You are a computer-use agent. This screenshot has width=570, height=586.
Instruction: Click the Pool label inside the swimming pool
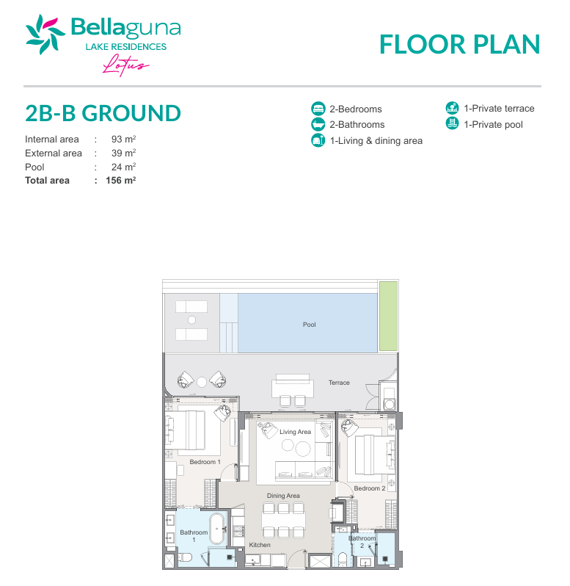(x=309, y=325)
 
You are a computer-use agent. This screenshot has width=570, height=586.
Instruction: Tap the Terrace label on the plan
(x=339, y=383)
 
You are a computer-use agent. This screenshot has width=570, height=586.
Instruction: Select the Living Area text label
(x=295, y=432)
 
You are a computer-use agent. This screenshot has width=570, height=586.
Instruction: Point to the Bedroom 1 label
(x=205, y=462)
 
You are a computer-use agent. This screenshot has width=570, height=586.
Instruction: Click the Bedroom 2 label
(x=370, y=488)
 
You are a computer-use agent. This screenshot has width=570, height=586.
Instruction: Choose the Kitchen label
(x=260, y=545)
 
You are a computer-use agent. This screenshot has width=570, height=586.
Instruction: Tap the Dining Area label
(x=283, y=496)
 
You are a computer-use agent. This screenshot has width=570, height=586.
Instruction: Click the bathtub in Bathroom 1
(x=217, y=529)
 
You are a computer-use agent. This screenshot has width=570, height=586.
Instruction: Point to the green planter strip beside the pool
(x=388, y=316)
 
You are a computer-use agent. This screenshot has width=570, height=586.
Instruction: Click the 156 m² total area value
(x=120, y=181)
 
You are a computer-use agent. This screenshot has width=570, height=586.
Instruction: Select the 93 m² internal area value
(x=123, y=140)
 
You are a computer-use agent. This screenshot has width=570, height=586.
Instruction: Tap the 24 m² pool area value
(x=123, y=167)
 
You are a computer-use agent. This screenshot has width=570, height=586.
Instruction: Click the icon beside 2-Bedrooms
(x=318, y=109)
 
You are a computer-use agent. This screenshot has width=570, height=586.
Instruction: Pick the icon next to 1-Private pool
(x=452, y=123)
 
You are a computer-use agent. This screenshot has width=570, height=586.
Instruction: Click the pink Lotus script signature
(x=125, y=65)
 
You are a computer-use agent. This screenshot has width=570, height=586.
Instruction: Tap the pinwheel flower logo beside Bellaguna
(x=45, y=34)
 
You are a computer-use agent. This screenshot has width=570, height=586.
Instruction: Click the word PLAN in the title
(x=507, y=45)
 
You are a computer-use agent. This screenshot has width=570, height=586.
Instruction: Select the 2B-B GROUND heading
(x=103, y=113)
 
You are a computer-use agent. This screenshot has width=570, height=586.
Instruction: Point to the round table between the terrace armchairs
(x=202, y=382)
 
